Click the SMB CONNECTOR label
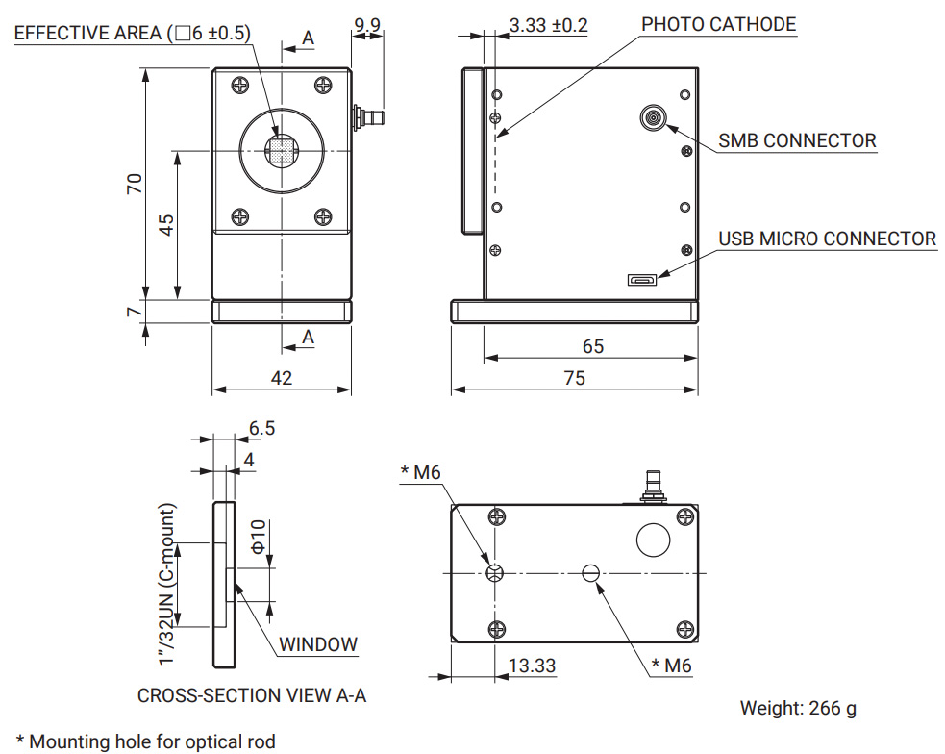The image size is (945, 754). [x=797, y=140]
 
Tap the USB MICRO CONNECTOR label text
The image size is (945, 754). [x=827, y=239]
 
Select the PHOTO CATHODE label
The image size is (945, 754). [x=718, y=24]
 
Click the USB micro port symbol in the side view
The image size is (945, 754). [x=641, y=281]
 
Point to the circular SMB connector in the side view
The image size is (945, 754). [x=653, y=118]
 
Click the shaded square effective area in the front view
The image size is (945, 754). [x=281, y=151]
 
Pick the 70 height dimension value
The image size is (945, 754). [x=135, y=184]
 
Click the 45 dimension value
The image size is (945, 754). [x=166, y=225]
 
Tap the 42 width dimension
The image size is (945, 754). [x=281, y=378]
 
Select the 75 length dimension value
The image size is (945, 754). [x=574, y=378]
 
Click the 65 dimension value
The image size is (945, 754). [x=593, y=346]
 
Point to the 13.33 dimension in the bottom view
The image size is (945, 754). [x=532, y=666]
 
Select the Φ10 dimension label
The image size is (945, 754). [x=258, y=536]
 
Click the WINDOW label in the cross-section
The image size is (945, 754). [x=318, y=644]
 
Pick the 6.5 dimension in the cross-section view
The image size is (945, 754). [x=261, y=428]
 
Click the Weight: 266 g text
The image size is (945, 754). [x=798, y=709]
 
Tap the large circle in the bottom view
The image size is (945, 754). [x=654, y=539]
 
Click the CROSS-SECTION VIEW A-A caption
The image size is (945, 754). [x=252, y=695]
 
